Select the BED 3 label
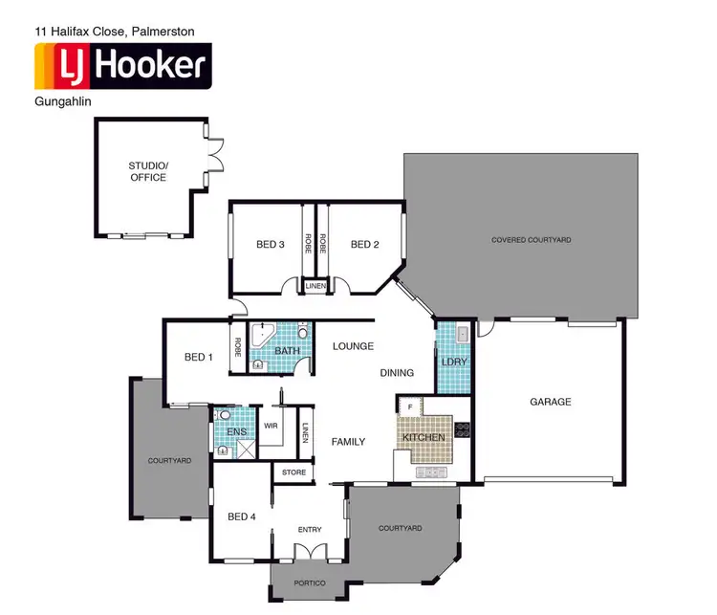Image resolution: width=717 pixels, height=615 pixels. coord(271,245)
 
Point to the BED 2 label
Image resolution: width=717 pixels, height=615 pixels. coord(364,245)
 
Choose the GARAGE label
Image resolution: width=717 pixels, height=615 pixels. coord(551,402)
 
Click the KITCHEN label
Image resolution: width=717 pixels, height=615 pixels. coord(424,438)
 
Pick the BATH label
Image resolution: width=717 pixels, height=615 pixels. coord(287,351)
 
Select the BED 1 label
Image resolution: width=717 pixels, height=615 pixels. coord(199,358)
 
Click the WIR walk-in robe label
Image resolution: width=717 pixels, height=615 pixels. coord(271,426)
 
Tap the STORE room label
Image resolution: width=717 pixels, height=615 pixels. coord(293,472)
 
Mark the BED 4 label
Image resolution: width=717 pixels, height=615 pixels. coord(242,516)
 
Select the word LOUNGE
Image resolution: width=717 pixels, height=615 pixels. coord(353,346)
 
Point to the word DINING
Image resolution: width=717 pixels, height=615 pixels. coord(397,373)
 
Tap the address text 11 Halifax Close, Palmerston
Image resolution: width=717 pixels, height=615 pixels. coord(114,32)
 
